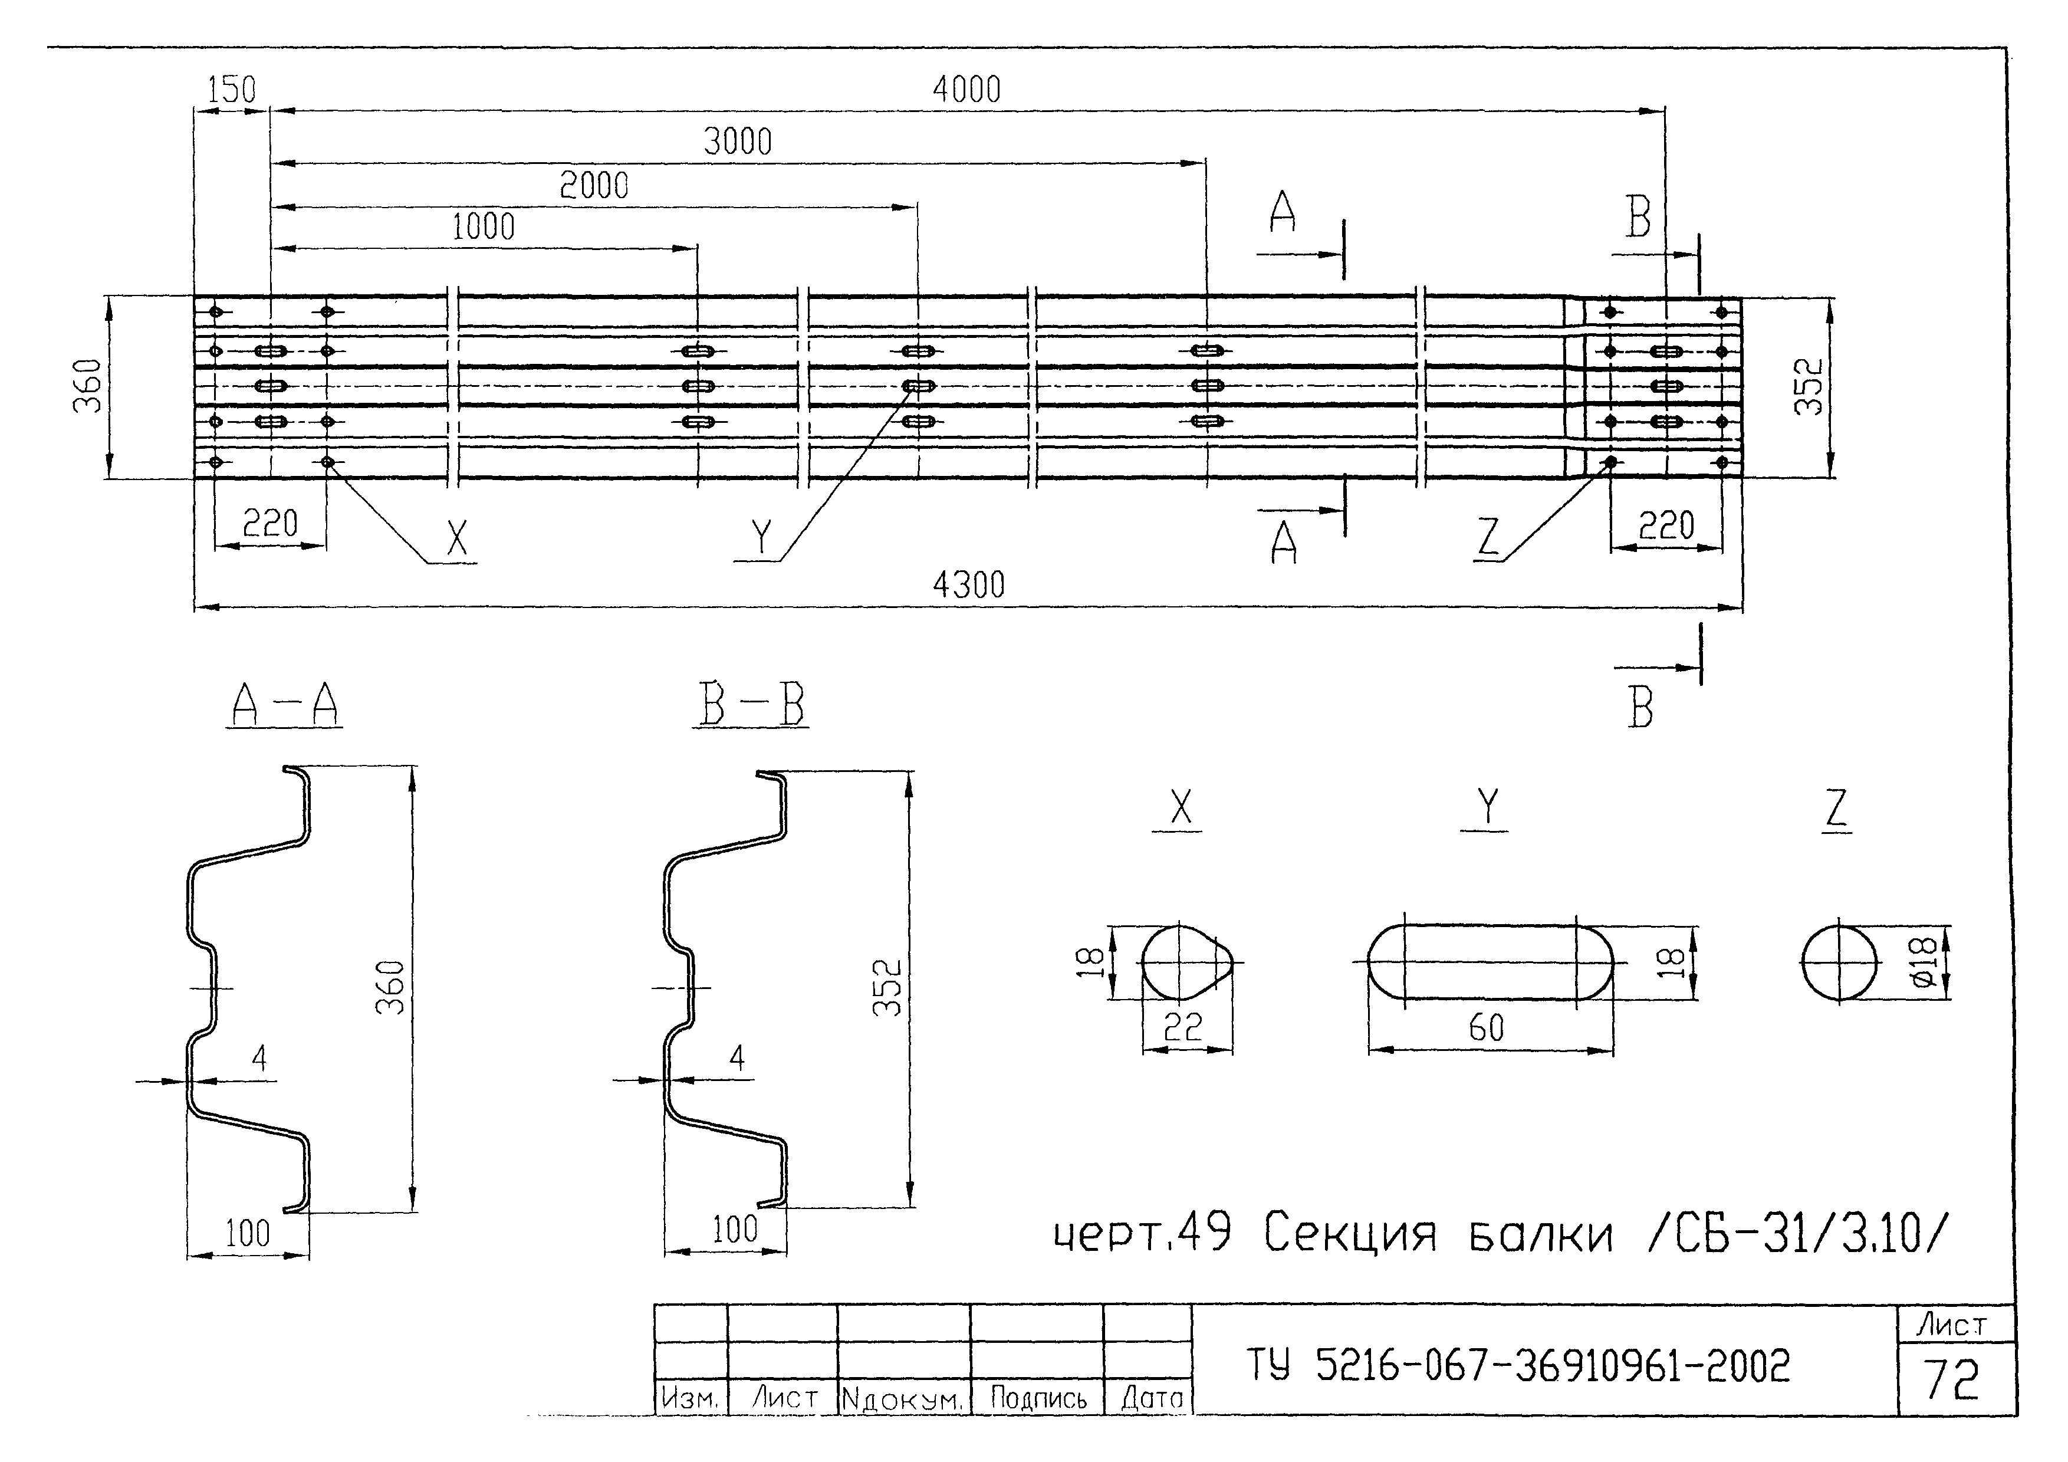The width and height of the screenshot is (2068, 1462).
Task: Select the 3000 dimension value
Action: pyautogui.click(x=738, y=142)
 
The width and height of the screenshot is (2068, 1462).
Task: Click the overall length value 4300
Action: pyautogui.click(x=968, y=586)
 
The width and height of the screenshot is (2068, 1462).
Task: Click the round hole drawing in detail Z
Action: pyautogui.click(x=1839, y=962)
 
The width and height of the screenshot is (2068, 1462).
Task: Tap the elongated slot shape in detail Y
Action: pyautogui.click(x=1490, y=962)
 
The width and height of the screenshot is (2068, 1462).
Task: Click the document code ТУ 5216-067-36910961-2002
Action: pyautogui.click(x=1518, y=1366)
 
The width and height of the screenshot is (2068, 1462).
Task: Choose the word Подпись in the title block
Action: pyautogui.click(x=1038, y=1398)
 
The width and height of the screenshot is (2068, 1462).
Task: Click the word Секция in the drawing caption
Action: pyautogui.click(x=1349, y=1233)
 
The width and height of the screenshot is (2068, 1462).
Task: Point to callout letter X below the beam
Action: pyautogui.click(x=458, y=538)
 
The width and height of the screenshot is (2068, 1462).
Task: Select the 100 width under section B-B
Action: pyautogui.click(x=734, y=1230)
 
